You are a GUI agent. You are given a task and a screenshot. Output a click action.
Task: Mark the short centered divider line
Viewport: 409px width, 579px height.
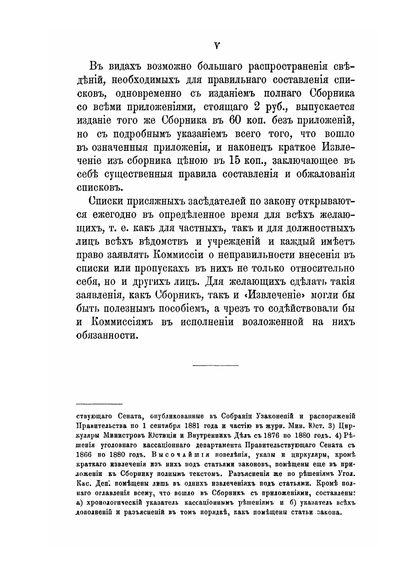point(216,365)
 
